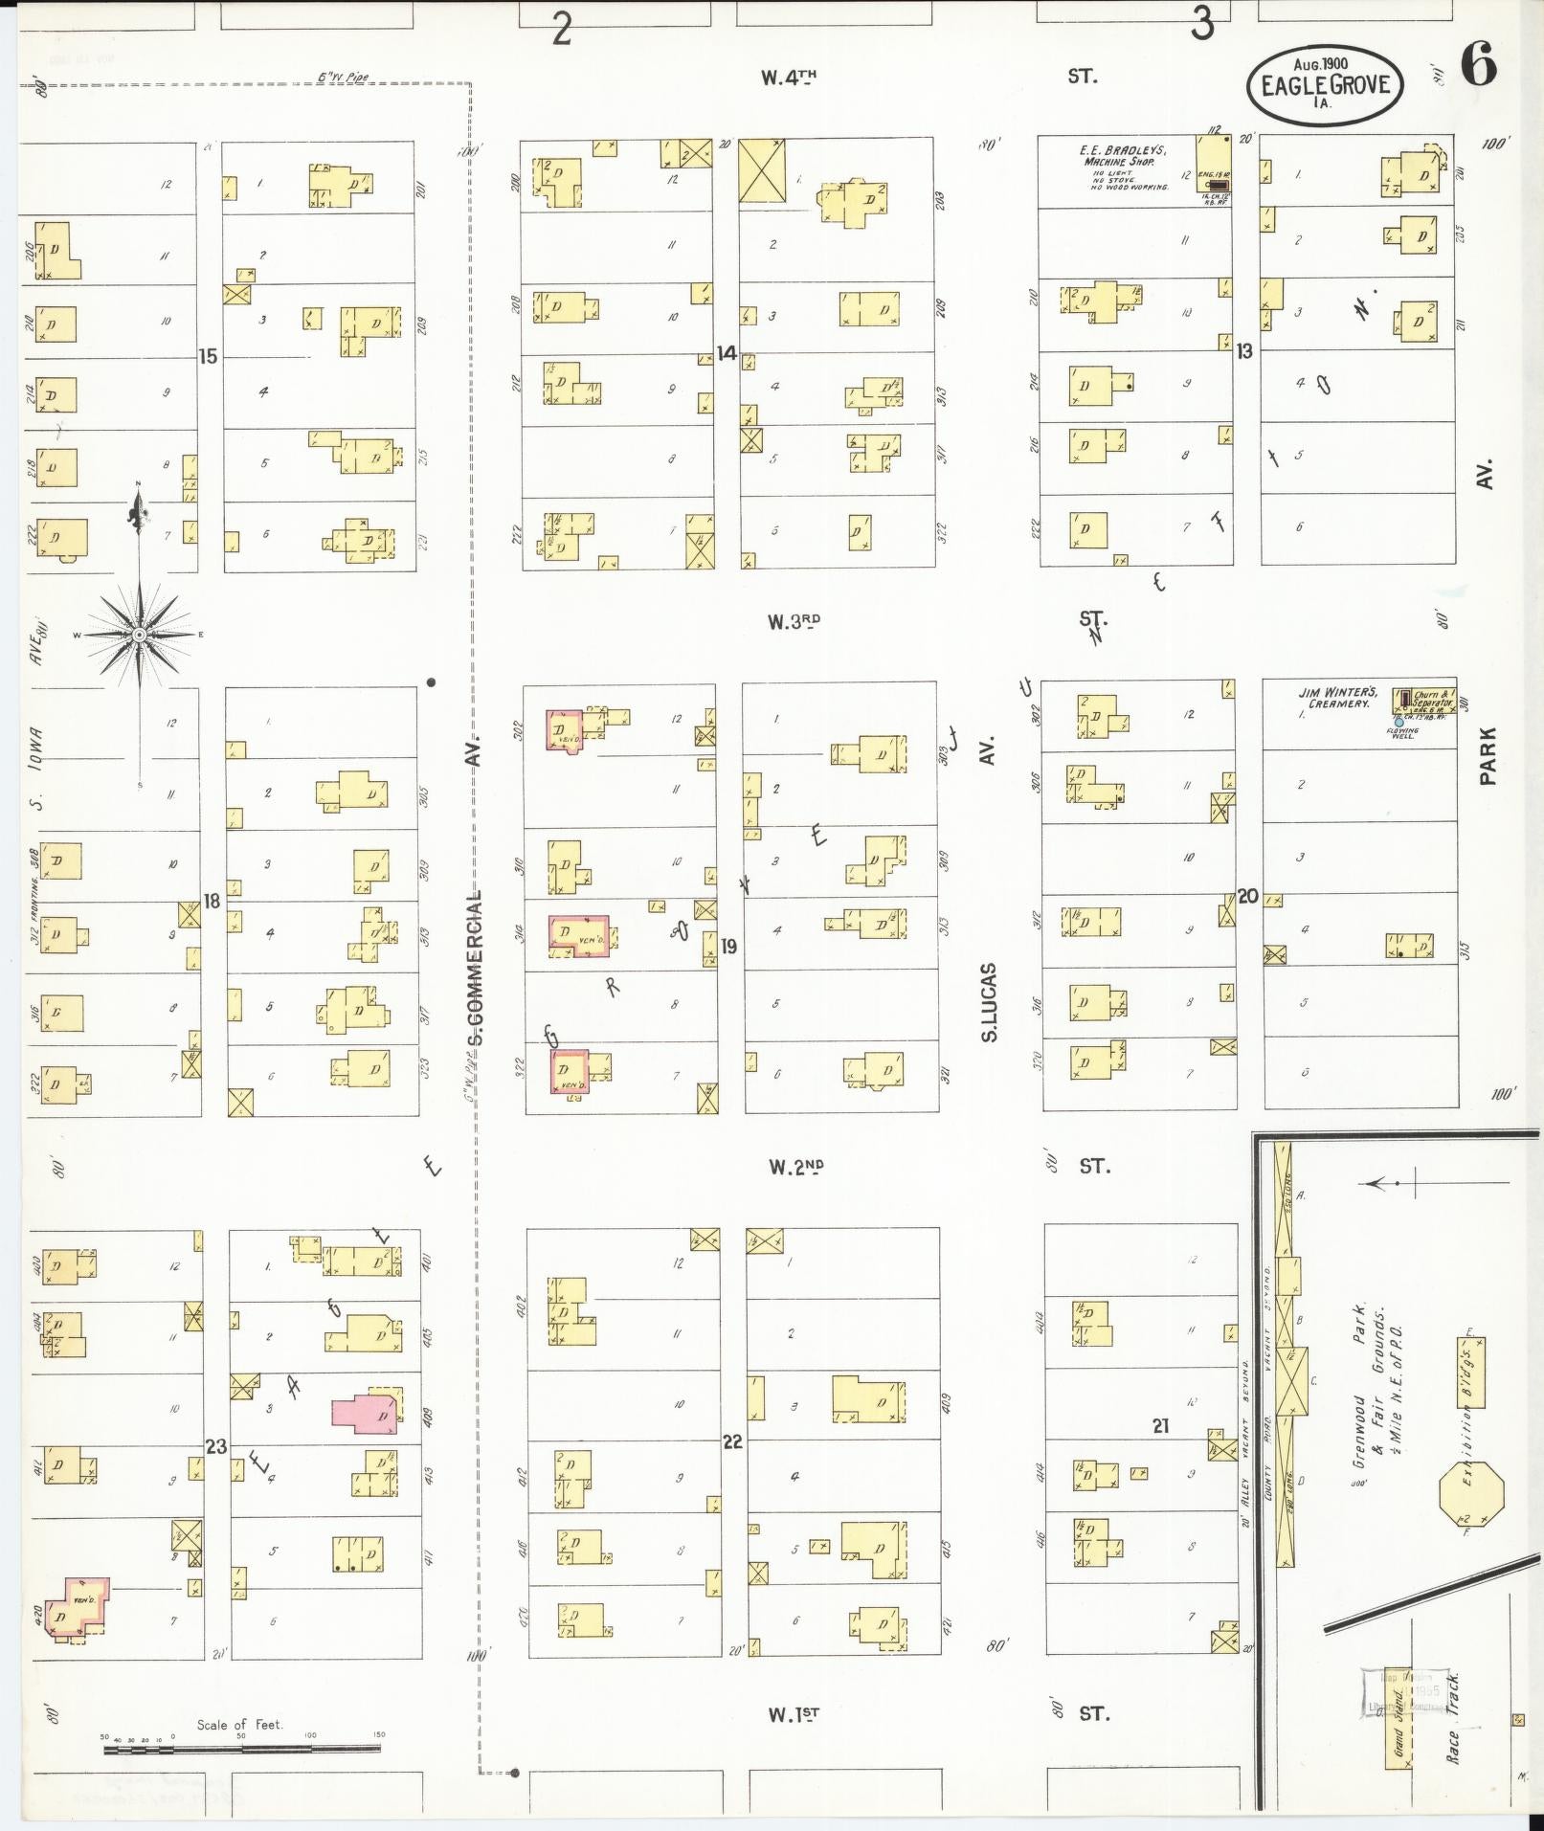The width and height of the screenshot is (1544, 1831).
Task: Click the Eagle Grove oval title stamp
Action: coord(1325,84)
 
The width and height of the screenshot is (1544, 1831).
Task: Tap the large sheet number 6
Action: coord(1479,67)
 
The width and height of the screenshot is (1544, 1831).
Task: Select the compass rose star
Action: coord(140,635)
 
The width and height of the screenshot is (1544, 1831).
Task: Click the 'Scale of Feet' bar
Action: coord(241,1749)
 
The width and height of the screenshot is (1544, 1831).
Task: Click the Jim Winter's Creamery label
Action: coord(1337,698)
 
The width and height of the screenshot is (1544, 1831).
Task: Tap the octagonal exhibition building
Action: coord(1471,1516)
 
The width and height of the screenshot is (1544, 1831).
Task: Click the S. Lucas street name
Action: coord(990,1001)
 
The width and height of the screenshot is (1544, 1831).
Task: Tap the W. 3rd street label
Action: coord(794,621)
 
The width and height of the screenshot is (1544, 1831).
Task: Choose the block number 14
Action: coord(727,353)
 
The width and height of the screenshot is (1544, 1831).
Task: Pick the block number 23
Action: coord(216,1445)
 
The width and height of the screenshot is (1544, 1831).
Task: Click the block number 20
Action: coord(1247,896)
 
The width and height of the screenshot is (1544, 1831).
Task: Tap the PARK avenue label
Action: coord(1487,756)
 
